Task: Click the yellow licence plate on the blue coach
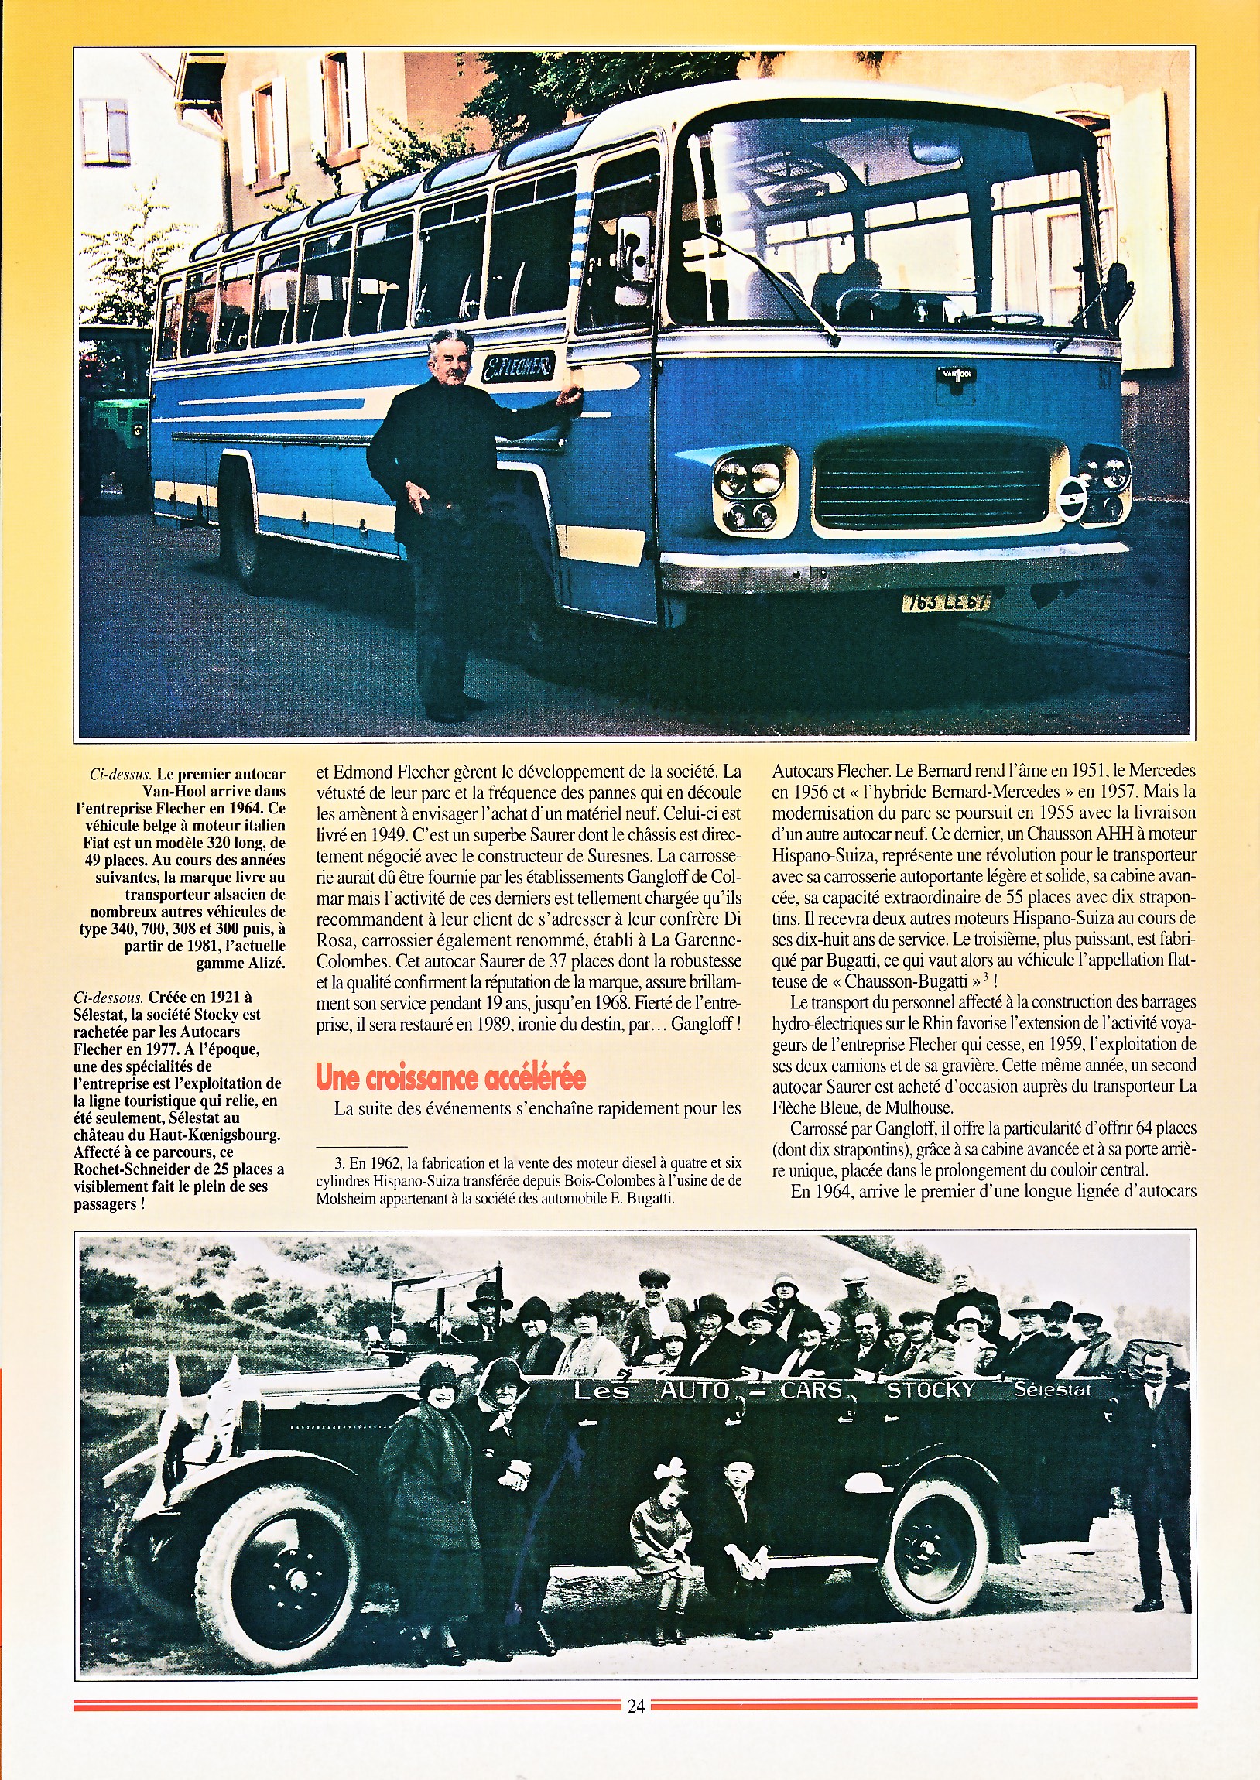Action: (x=946, y=601)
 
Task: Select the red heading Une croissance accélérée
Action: (x=450, y=1077)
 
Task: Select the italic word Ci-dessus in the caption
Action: (x=119, y=775)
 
